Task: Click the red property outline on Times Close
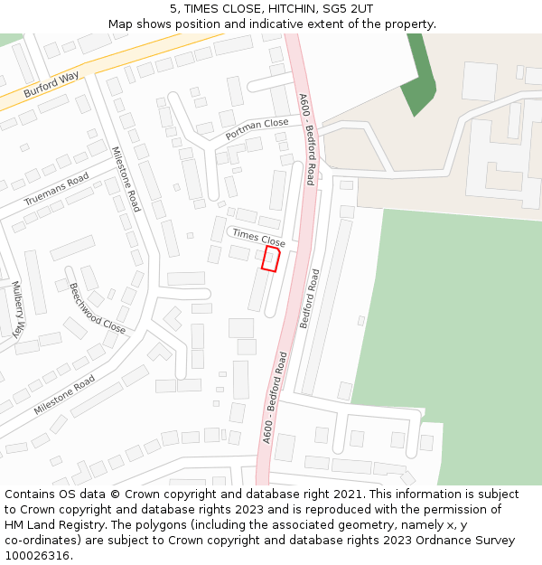point(270,259)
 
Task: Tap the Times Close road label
point(258,239)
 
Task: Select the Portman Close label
point(257,128)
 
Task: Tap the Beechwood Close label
point(98,308)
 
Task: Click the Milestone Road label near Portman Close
point(126,179)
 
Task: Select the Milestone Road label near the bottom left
point(64,395)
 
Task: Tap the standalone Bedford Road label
point(310,298)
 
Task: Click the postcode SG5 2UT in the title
point(348,8)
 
